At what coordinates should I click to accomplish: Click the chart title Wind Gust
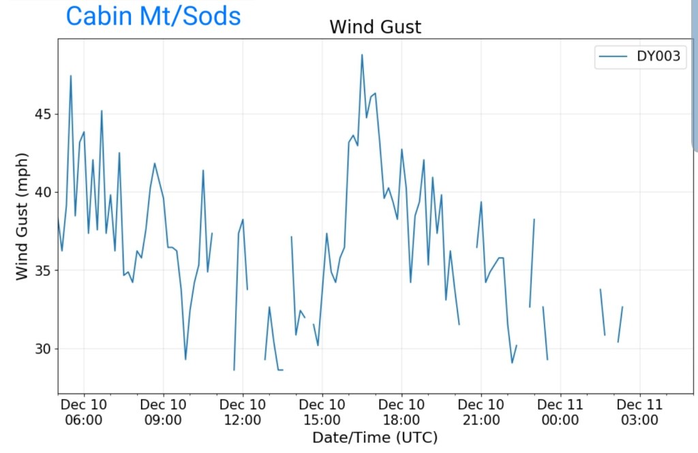pos(375,27)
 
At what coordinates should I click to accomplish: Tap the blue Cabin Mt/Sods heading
pos(153,16)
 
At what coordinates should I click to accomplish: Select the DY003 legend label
pos(658,57)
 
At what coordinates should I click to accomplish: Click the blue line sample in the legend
pos(613,57)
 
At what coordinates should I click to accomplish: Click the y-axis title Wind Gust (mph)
pos(22,217)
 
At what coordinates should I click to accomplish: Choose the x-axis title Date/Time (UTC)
pos(375,437)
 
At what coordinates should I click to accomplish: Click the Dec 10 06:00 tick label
pos(84,412)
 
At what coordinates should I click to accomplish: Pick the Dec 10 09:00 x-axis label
pos(164,412)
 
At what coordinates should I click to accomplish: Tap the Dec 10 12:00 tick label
pos(243,412)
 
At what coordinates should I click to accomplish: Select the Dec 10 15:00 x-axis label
pos(322,412)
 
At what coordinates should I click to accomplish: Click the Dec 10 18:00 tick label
pos(401,412)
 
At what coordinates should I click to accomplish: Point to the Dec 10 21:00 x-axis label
pos(481,412)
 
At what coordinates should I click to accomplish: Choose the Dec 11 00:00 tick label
pos(560,412)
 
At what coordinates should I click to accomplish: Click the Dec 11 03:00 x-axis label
pos(639,412)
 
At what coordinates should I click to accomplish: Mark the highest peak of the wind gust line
pos(362,54)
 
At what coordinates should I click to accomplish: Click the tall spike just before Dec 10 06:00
pos(70,76)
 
